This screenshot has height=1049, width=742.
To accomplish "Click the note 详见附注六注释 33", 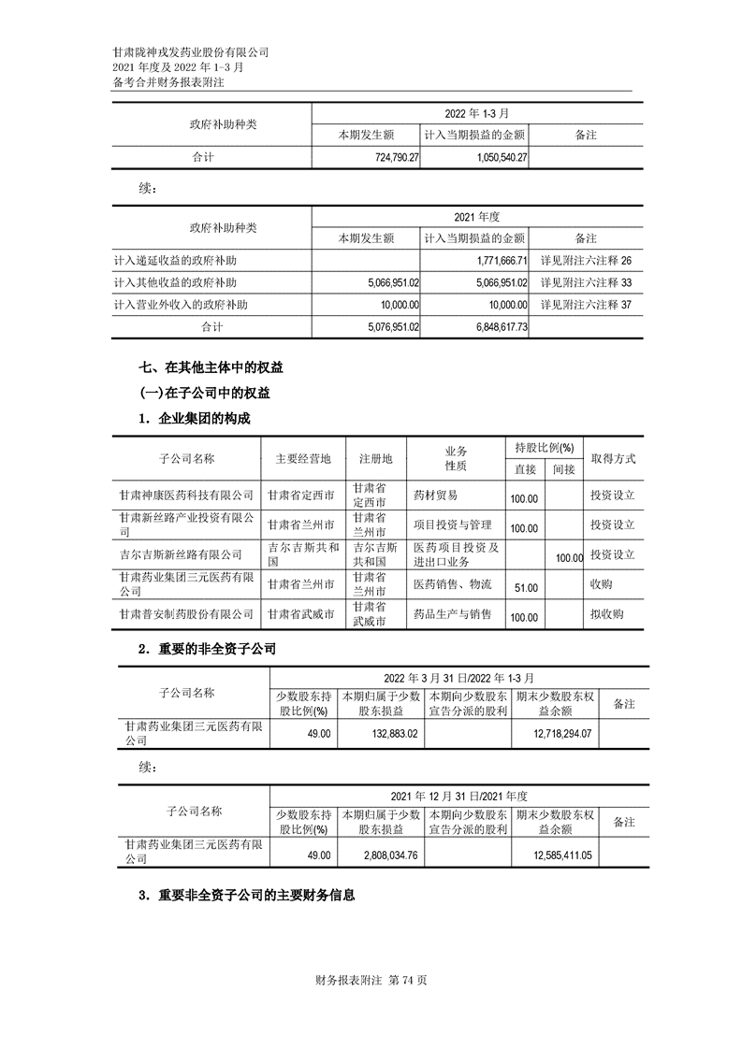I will [x=586, y=282].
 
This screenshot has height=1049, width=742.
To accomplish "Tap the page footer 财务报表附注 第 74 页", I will [x=372, y=981].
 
